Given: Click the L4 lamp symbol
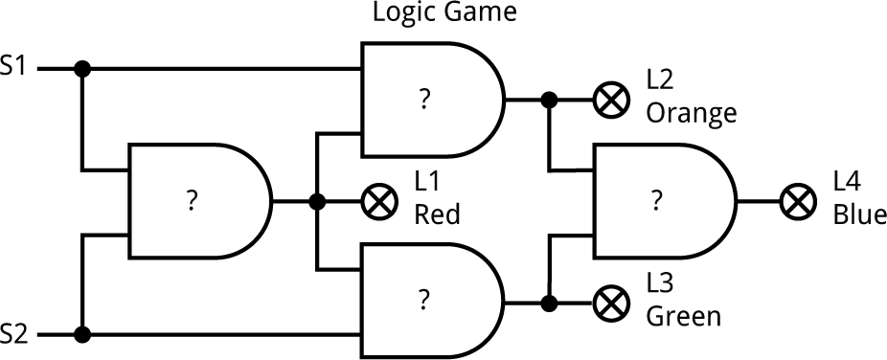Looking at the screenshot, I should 796,202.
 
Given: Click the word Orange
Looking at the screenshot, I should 691,113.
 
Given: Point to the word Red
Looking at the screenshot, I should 436,214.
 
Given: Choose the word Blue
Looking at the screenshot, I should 859,214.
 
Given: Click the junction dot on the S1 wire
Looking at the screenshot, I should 83,69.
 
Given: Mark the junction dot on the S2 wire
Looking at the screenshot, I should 83,334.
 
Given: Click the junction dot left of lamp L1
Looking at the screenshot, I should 316,202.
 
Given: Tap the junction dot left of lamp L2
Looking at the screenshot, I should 549,99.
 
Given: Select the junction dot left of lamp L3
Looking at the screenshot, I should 549,304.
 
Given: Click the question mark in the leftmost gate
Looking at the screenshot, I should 192,201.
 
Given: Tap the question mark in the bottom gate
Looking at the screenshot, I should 422,301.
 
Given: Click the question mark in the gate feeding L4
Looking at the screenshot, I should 656,201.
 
